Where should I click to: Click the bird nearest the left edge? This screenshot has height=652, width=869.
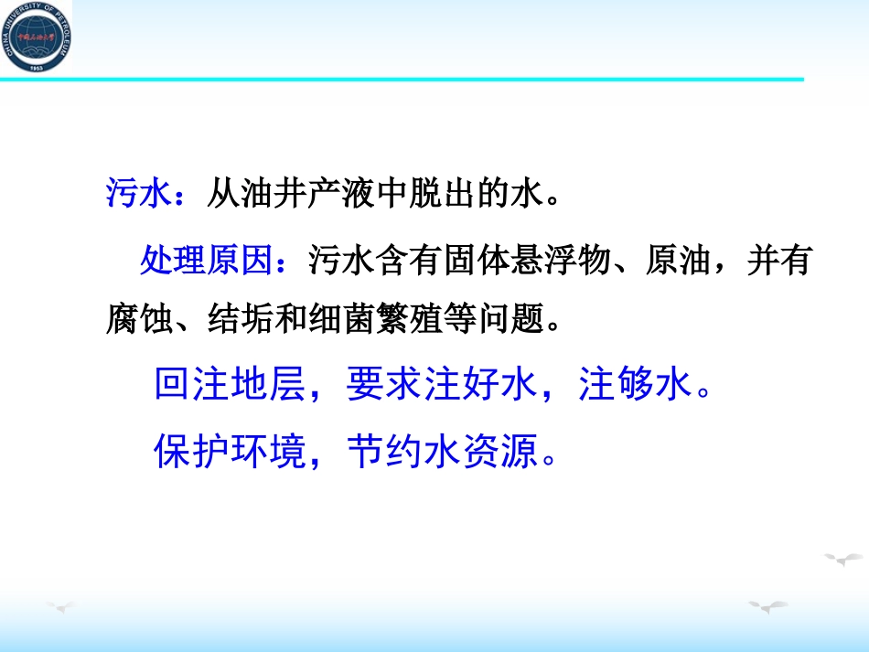tap(60, 604)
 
